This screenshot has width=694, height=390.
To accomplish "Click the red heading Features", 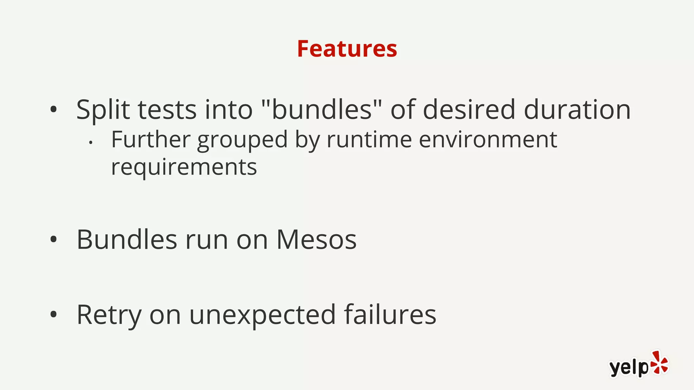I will tap(347, 49).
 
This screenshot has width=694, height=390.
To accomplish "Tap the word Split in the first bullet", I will tap(103, 110).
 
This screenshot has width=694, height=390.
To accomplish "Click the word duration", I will tap(577, 110).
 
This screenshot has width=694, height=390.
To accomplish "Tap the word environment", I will tap(488, 139).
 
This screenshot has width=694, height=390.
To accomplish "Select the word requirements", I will tap(184, 167).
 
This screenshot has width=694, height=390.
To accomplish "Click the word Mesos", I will tap(317, 240).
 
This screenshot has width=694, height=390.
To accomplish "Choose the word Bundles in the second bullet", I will tap(127, 240).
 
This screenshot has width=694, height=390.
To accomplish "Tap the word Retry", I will tap(109, 315).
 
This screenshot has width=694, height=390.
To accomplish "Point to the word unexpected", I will tap(263, 315).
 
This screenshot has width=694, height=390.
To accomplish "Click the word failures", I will tap(390, 315).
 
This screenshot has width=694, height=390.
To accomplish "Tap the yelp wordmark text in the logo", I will tap(629, 367).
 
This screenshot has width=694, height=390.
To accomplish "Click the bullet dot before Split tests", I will tap(53, 109).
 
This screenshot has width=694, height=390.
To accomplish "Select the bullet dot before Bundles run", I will tap(53, 239).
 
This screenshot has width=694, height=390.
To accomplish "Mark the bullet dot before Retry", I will tap(53, 315).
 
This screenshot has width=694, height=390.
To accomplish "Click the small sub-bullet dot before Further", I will tap(90, 143).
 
